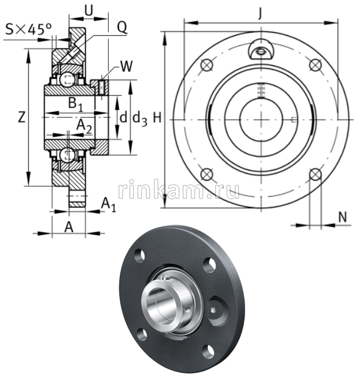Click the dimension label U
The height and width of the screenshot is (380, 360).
[88, 10]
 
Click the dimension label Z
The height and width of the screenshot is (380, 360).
[21, 117]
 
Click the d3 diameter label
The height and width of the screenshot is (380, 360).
[139, 118]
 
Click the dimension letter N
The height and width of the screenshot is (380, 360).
[343, 216]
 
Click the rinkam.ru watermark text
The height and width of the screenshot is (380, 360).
[179, 190]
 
